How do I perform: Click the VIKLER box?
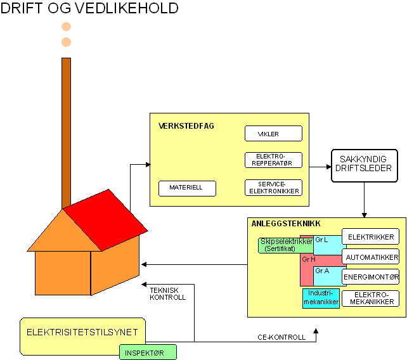pos(273,134)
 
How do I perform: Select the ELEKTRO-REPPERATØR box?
pos(273,160)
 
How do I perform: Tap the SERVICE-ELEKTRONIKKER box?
pos(273,188)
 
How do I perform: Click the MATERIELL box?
pos(187,188)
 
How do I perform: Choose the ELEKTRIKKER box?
pos(371,237)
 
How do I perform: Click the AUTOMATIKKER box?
pos(371,257)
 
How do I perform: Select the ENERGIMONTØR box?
pos(371,277)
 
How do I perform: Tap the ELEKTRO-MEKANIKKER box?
pos(371,299)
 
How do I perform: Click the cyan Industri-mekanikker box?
pos(321,298)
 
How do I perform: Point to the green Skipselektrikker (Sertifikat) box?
pos(285,245)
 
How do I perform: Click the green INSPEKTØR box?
pos(148,352)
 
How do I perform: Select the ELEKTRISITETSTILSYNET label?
pos(82,331)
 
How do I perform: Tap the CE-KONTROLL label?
pos(281,337)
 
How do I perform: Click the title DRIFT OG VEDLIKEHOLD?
pos(89,9)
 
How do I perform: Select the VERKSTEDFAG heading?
pos(186,126)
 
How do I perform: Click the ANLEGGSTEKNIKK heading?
pos(286,224)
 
